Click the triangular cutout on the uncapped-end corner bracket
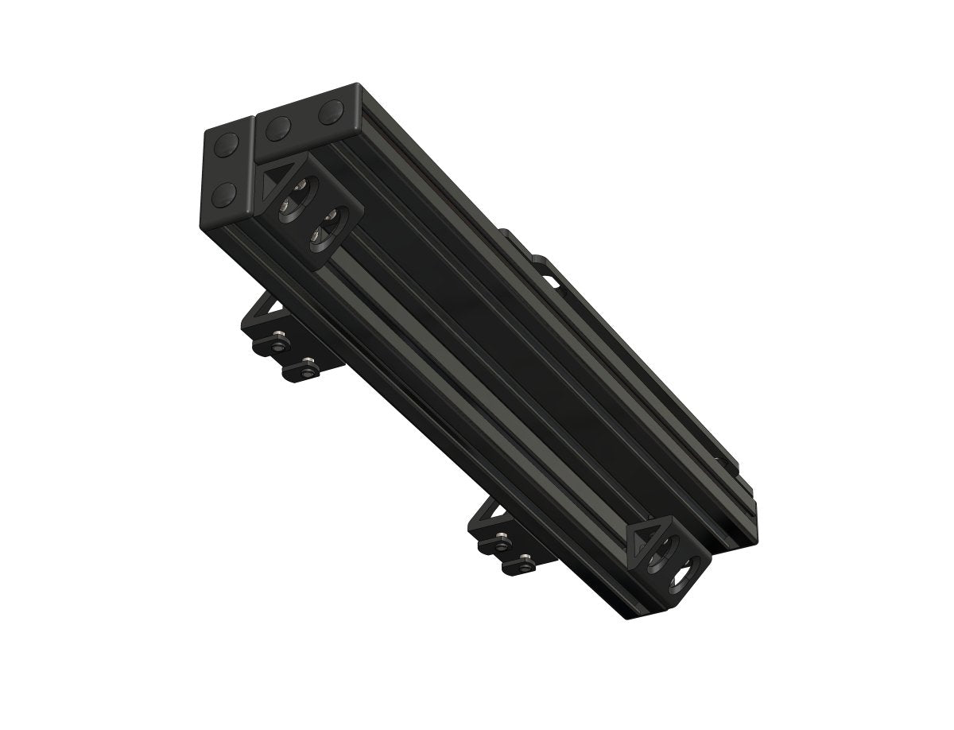642,542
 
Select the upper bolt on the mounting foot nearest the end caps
277,344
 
